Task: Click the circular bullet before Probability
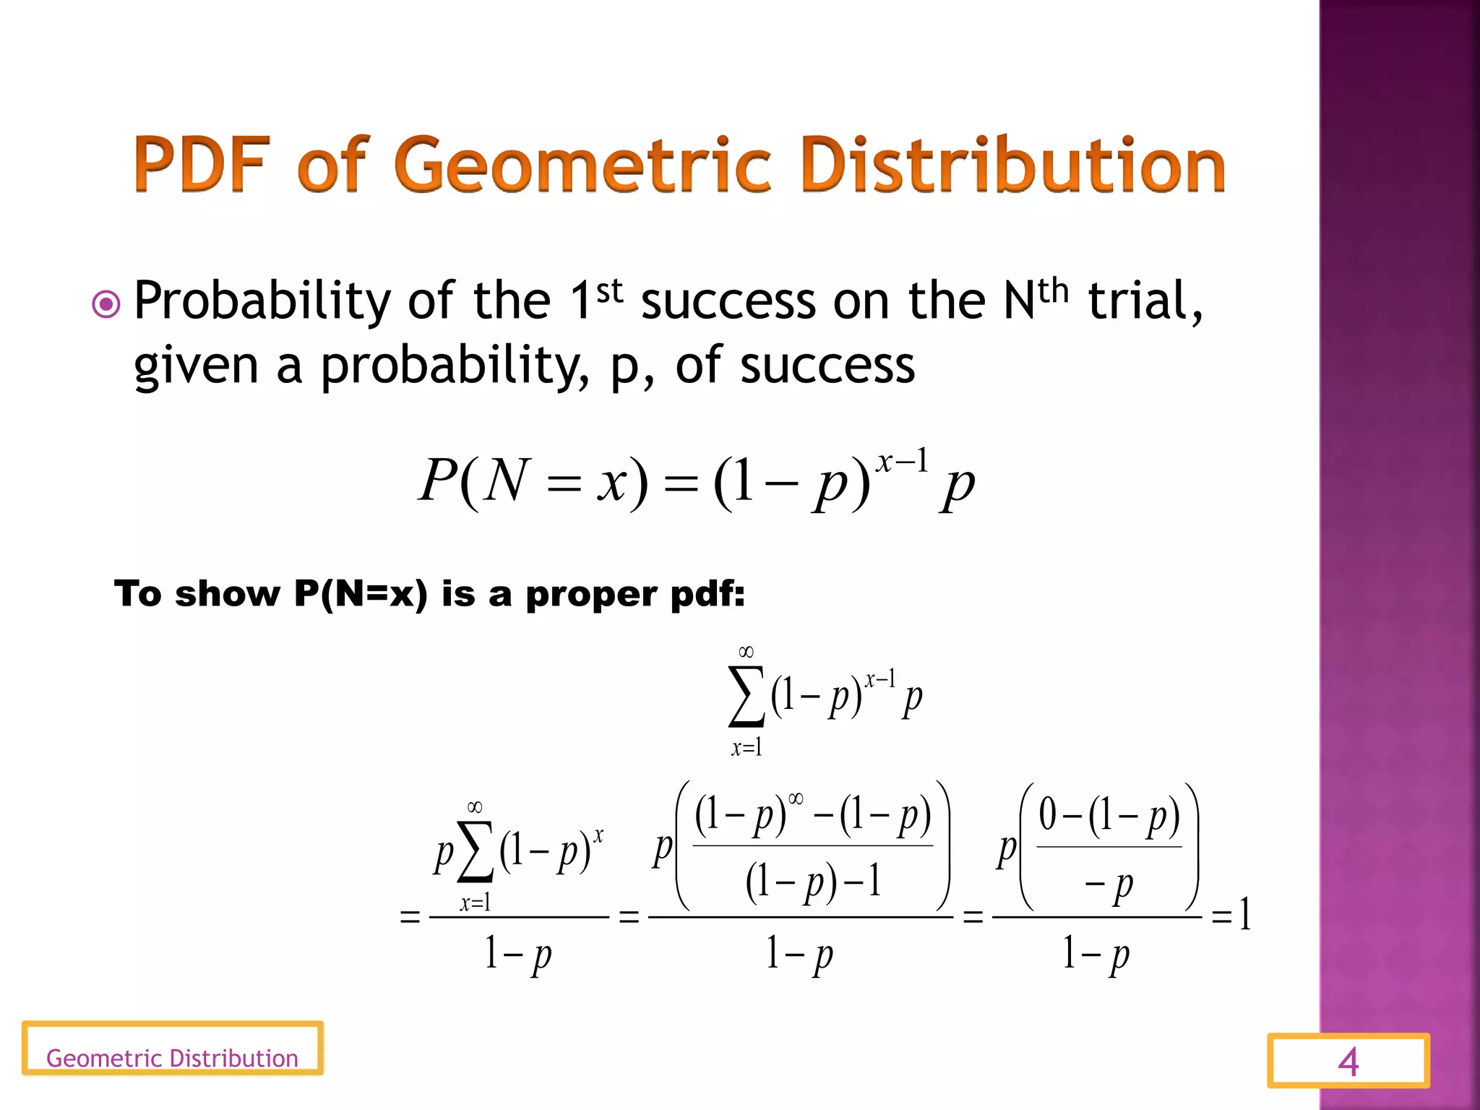tap(106, 304)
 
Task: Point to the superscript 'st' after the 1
tap(609, 291)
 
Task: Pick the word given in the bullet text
tap(196, 366)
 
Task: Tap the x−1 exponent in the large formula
tap(901, 460)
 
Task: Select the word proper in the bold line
tap(592, 594)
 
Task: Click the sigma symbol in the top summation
tap(746, 697)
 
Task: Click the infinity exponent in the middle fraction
tap(795, 799)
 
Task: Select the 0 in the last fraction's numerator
tap(1048, 814)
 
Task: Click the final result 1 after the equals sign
tap(1244, 914)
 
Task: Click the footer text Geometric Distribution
tap(172, 1058)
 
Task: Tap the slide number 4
tap(1348, 1062)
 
